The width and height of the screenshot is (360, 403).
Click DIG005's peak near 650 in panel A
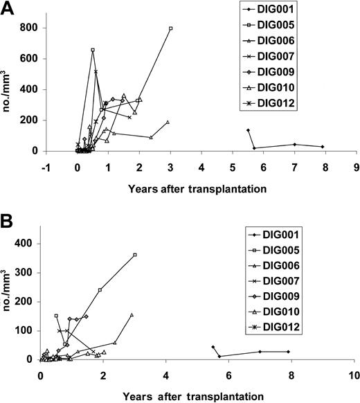pyautogui.click(x=93, y=50)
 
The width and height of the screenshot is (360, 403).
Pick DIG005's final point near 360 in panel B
pyautogui.click(x=135, y=255)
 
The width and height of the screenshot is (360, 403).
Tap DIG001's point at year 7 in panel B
pyautogui.click(x=260, y=352)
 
